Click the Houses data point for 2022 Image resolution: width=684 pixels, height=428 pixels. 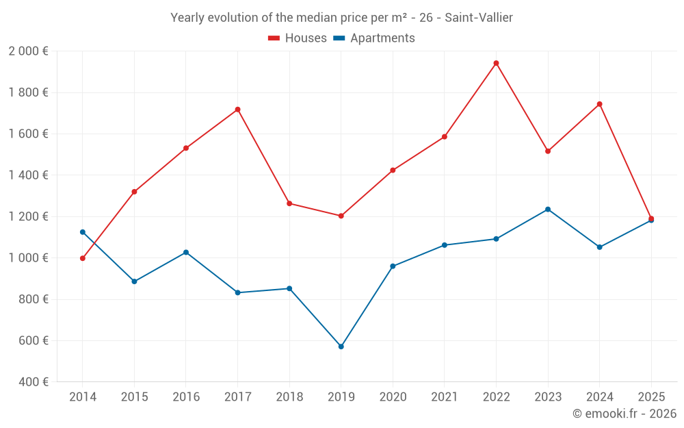tap(496, 63)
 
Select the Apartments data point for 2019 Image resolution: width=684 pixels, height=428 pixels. tap(341, 347)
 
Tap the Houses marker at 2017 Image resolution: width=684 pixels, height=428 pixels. tap(237, 110)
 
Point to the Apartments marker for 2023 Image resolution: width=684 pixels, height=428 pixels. tap(548, 210)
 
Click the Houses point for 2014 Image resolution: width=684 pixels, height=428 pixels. tap(83, 258)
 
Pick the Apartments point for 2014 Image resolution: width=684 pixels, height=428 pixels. tap(83, 232)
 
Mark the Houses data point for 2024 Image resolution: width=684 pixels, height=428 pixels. tap(599, 104)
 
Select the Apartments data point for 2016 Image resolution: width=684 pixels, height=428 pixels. tap(186, 253)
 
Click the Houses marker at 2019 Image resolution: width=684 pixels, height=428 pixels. tap(341, 216)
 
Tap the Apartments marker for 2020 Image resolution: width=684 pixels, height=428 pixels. tap(393, 266)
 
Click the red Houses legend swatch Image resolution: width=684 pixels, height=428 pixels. tap(274, 38)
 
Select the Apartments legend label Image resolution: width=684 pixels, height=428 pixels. tap(382, 38)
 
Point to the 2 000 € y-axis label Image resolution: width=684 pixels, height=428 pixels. tap(28, 51)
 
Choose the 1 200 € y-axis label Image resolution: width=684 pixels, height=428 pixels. tap(28, 216)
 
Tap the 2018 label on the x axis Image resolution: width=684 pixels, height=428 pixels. tap(289, 397)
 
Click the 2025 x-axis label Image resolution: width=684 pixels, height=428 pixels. tap(650, 397)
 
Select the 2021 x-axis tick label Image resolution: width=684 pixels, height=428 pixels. tap(444, 397)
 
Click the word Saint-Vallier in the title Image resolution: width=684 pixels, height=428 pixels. tap(479, 18)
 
